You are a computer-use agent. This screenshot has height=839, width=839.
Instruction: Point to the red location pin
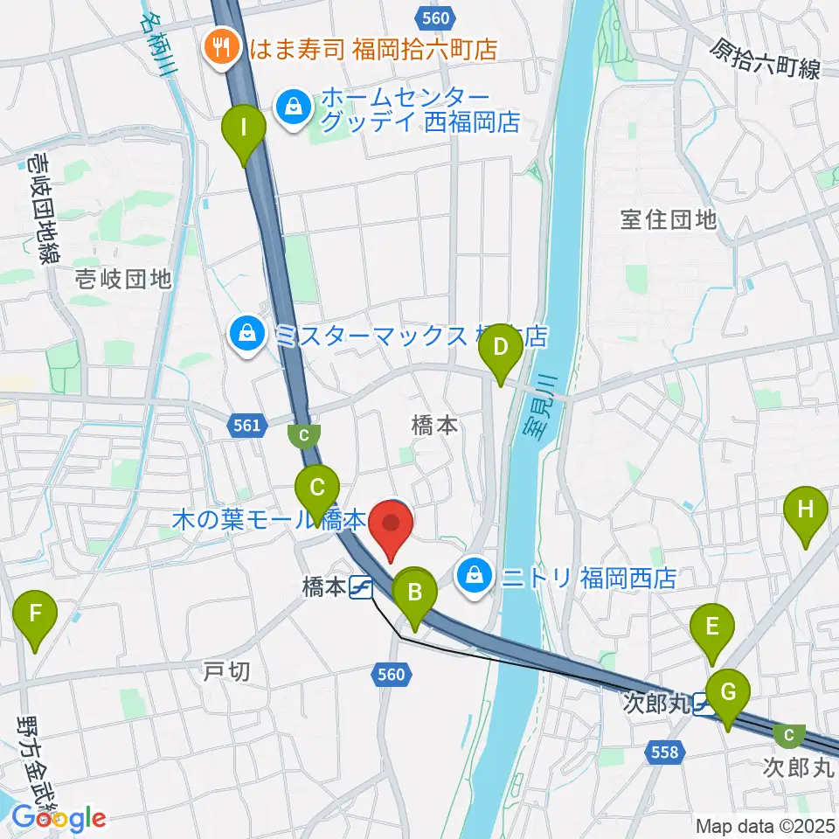tap(391, 527)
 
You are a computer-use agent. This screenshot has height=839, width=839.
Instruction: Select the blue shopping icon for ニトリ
tap(473, 577)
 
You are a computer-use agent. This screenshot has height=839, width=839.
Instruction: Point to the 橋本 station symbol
tap(360, 588)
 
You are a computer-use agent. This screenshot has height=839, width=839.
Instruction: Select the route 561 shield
tap(246, 425)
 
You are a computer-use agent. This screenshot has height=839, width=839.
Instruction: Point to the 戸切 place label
tap(226, 672)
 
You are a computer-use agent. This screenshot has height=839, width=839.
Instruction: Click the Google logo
tap(59, 819)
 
